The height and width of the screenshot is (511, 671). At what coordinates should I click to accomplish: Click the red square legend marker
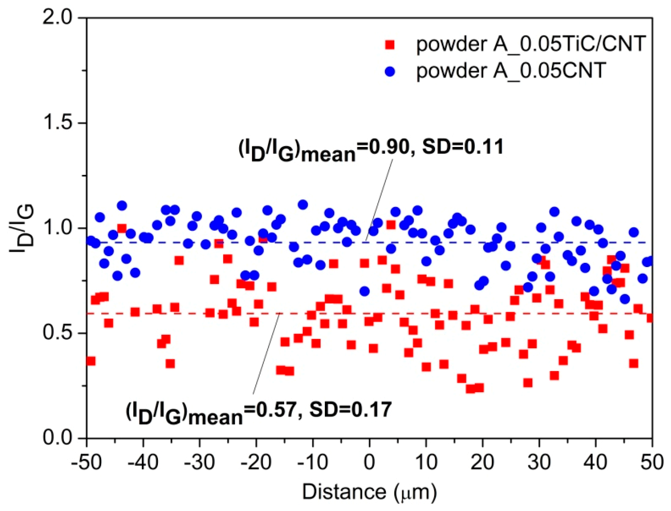pos(390,45)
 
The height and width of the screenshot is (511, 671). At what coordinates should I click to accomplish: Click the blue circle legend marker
pos(390,72)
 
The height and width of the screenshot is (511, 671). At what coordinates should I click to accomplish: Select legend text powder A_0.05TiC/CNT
pos(531,44)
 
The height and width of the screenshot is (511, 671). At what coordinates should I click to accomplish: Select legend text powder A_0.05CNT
pos(511,71)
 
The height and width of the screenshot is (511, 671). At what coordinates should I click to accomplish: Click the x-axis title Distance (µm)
pos(369,492)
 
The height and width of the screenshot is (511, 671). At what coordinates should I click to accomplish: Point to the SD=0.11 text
pos(463,147)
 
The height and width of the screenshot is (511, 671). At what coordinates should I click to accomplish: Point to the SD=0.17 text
pos(351,410)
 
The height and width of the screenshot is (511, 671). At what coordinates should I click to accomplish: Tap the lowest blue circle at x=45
pos(625,299)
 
